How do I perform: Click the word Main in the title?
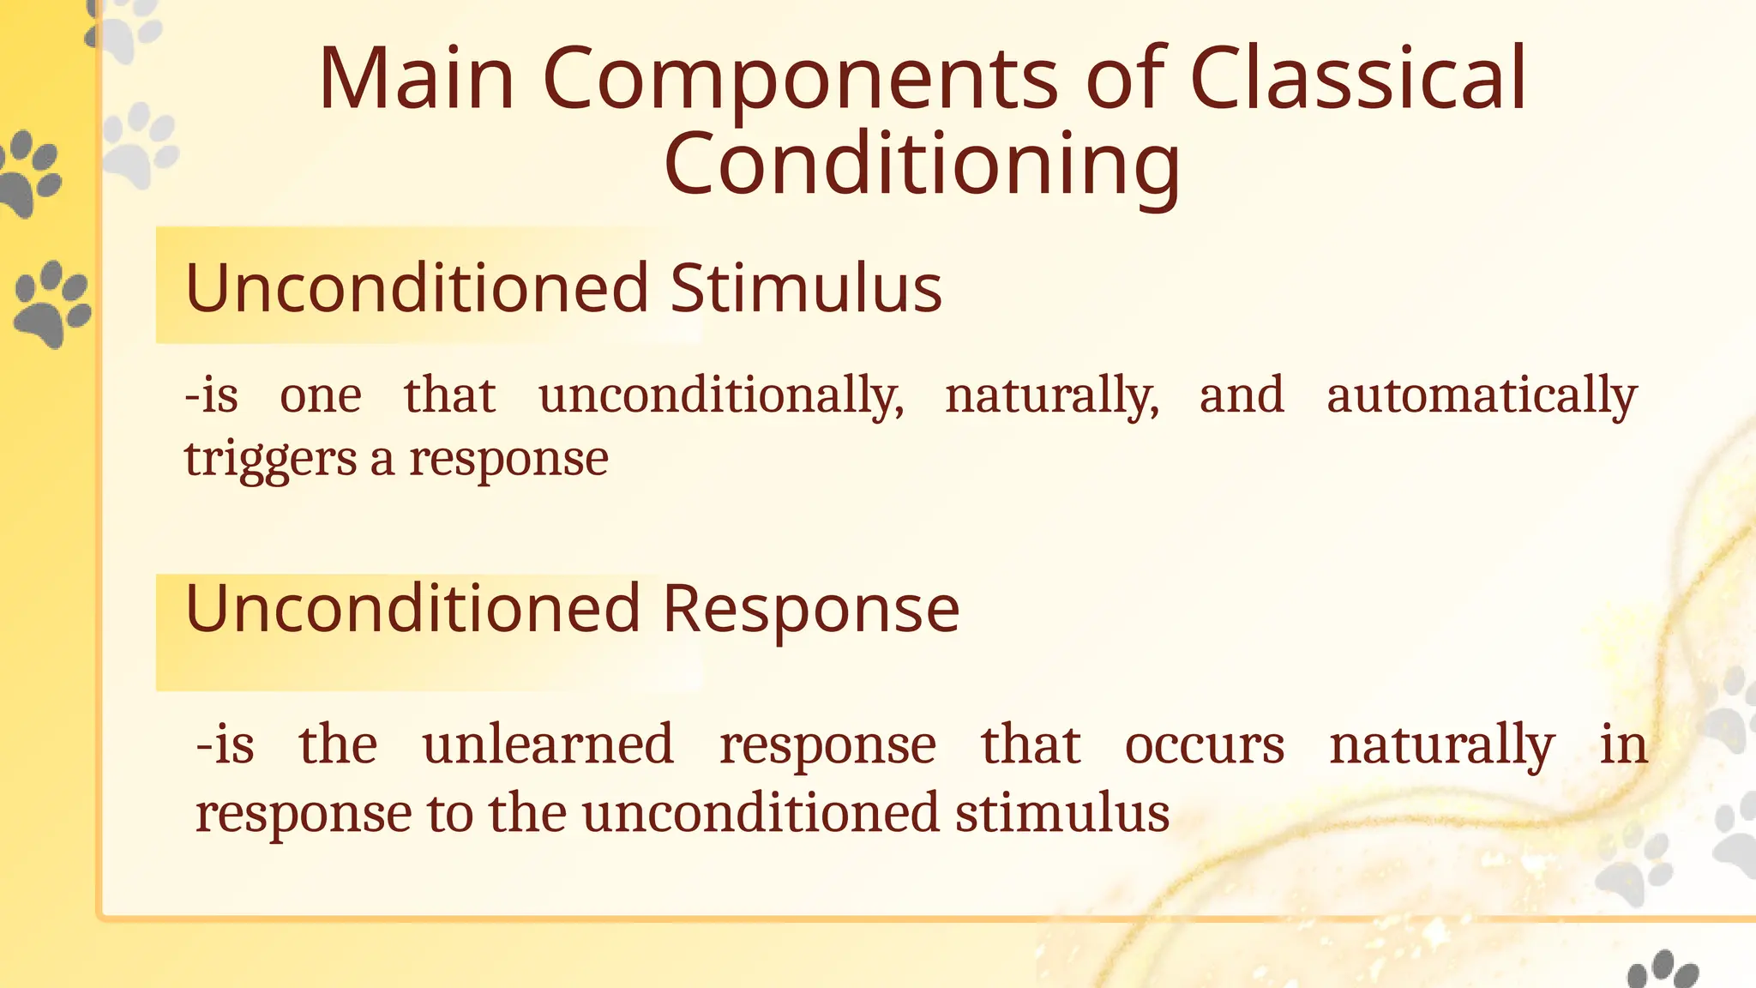[417, 79]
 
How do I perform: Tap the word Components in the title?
[799, 79]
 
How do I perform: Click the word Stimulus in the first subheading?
[805, 288]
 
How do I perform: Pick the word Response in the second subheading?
[810, 609]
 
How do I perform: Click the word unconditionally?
[720, 396]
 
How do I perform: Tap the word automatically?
[1481, 396]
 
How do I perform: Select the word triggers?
[269, 460]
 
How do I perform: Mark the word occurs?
[1204, 744]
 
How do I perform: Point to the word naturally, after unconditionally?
[1051, 396]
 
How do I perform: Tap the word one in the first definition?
[321, 396]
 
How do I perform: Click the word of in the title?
[1125, 79]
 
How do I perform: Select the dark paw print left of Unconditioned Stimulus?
[51, 302]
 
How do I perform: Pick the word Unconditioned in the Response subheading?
[412, 609]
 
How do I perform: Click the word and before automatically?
[1241, 396]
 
